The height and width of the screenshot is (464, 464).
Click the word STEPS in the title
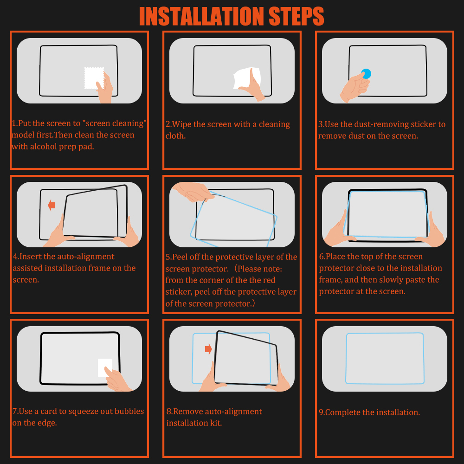(x=296, y=17)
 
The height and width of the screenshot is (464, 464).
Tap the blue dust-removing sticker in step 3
(x=366, y=74)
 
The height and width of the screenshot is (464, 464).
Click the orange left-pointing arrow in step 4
(x=52, y=205)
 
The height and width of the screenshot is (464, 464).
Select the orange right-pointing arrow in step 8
(x=208, y=349)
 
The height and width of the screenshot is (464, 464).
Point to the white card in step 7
(x=104, y=367)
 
